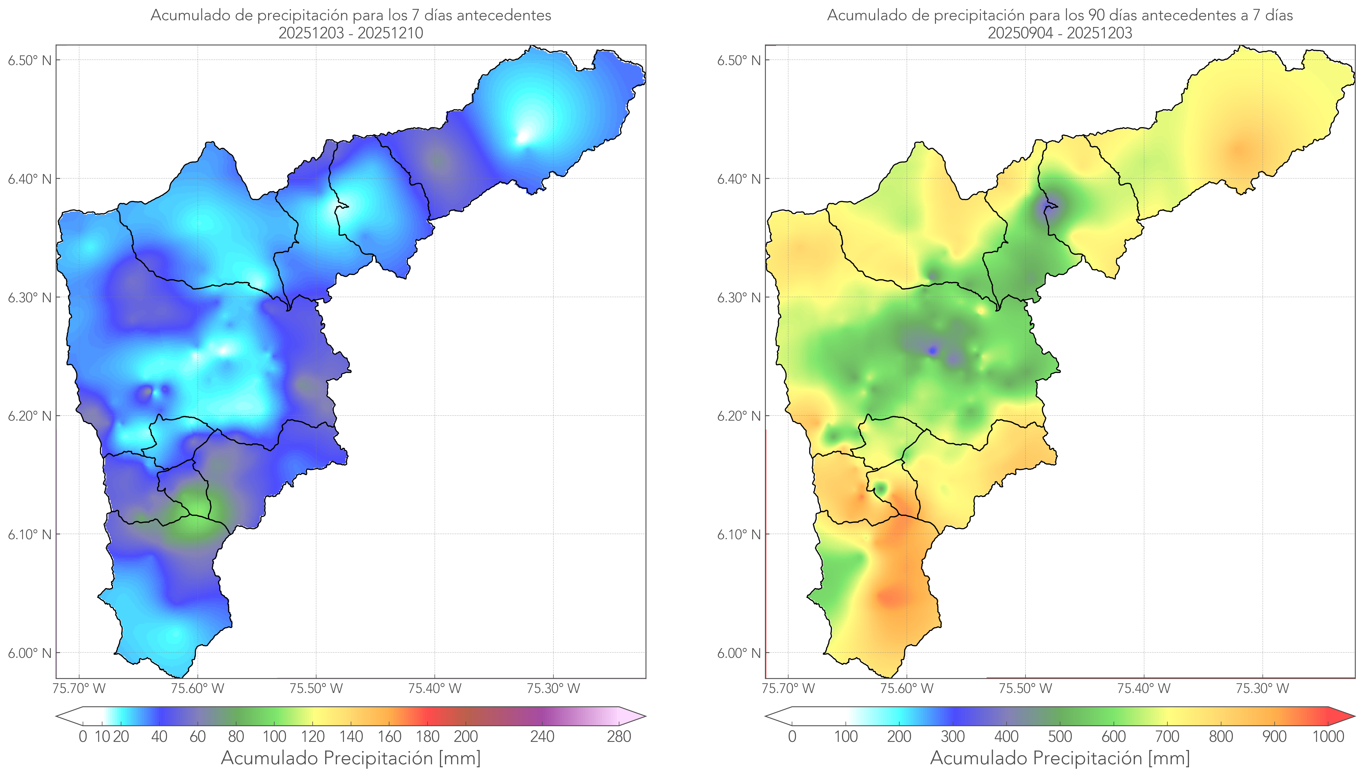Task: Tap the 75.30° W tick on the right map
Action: click(1262, 688)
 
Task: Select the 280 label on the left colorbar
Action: click(619, 737)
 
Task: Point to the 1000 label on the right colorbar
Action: click(1328, 737)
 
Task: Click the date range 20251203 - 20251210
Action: click(351, 33)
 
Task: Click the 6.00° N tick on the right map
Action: click(739, 653)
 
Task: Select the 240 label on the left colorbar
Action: click(542, 737)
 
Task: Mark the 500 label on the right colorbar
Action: click(1060, 737)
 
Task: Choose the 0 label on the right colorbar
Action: click(792, 737)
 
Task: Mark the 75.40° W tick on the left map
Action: click(435, 688)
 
